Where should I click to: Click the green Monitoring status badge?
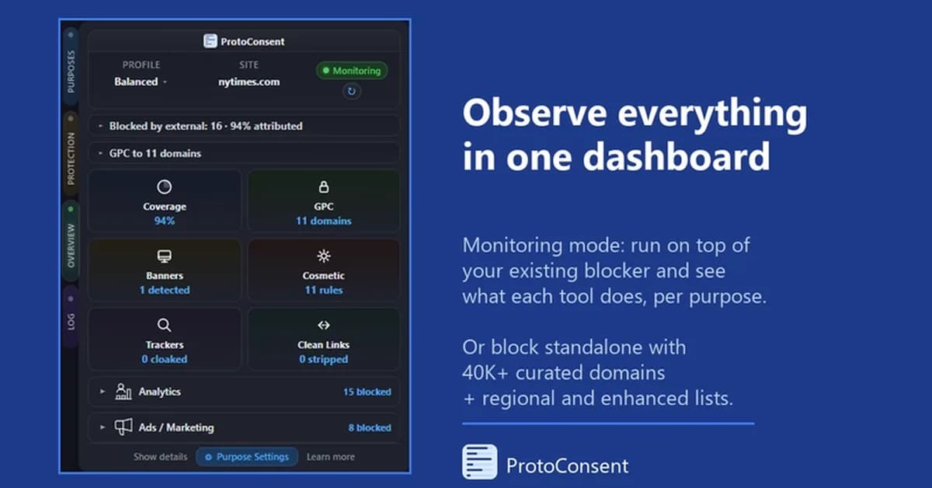pyautogui.click(x=352, y=71)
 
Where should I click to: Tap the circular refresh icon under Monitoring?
pyautogui.click(x=351, y=92)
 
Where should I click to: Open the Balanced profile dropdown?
pyautogui.click(x=140, y=82)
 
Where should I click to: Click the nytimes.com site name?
pyautogui.click(x=249, y=82)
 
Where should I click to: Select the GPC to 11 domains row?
pyautogui.click(x=155, y=153)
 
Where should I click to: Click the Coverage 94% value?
pyautogui.click(x=164, y=221)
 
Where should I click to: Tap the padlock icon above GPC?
pyautogui.click(x=323, y=187)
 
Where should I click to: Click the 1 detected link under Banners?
pyautogui.click(x=164, y=290)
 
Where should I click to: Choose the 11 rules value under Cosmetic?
pyautogui.click(x=323, y=290)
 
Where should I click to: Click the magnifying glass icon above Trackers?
pyautogui.click(x=164, y=326)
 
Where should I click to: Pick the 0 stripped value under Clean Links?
pyautogui.click(x=323, y=359)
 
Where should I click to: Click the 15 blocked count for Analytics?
pyautogui.click(x=367, y=392)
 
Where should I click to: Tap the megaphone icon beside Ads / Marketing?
pyautogui.click(x=123, y=427)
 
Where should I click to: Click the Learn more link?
pyautogui.click(x=330, y=457)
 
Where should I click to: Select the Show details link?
pyautogui.click(x=160, y=457)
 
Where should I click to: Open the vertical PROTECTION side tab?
pyautogui.click(x=71, y=158)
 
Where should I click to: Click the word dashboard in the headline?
pyautogui.click(x=676, y=156)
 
